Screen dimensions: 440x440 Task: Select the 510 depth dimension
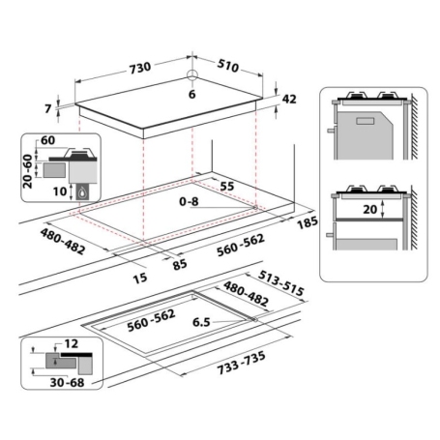tap(228, 65)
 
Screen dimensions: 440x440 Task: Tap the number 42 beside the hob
tap(289, 99)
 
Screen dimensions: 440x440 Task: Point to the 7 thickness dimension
tap(48, 108)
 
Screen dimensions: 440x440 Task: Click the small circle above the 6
tap(192, 74)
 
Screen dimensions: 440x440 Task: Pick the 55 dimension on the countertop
tap(227, 186)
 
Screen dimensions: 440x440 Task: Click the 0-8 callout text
tap(189, 202)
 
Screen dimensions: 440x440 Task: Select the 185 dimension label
tap(308, 222)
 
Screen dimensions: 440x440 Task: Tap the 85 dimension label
tap(180, 264)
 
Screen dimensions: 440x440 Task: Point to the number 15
tap(140, 278)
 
